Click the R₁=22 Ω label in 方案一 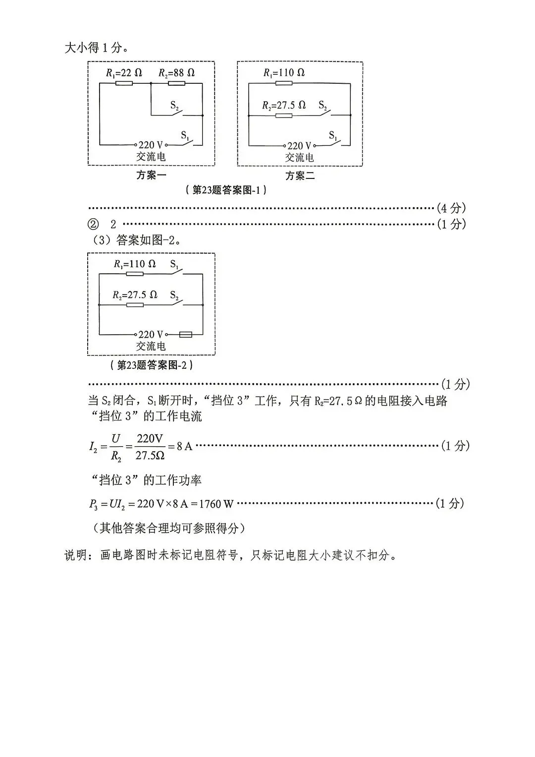124,73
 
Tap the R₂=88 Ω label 177,73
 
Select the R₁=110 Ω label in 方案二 284,73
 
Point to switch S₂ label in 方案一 174,106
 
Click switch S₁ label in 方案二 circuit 333,135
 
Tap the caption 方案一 151,175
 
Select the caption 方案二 300,175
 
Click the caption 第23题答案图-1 226,190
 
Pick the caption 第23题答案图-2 151,365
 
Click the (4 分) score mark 451,208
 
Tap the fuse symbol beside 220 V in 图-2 185,335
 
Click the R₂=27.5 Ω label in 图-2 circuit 135,294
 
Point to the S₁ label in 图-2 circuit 174,264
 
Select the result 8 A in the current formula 184,447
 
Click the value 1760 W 216,504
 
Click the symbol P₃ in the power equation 93,504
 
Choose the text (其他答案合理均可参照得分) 168,528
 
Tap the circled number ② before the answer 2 93,225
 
